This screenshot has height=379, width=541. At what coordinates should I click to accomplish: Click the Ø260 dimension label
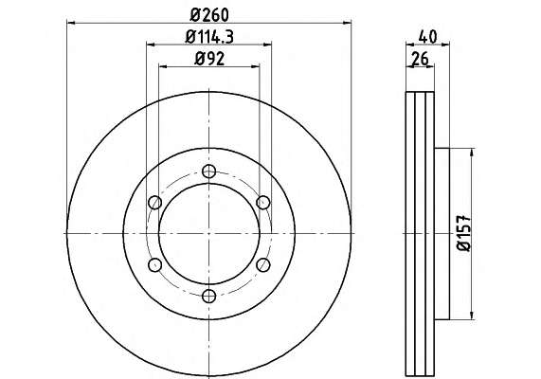[x=209, y=14]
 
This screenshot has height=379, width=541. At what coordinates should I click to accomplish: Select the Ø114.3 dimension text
[x=209, y=36]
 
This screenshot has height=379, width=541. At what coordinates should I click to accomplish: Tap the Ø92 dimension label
[x=209, y=58]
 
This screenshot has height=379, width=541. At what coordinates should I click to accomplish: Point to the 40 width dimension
[x=428, y=37]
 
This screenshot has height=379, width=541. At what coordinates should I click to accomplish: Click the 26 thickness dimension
[x=421, y=58]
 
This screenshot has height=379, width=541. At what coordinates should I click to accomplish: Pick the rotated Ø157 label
[x=463, y=233]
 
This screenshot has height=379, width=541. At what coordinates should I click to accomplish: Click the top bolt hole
[x=209, y=171]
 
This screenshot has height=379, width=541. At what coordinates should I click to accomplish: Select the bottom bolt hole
[x=209, y=296]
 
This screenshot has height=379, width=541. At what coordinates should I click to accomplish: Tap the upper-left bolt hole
[x=155, y=202]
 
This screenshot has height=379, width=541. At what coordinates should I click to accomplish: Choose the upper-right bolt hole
[x=263, y=202]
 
